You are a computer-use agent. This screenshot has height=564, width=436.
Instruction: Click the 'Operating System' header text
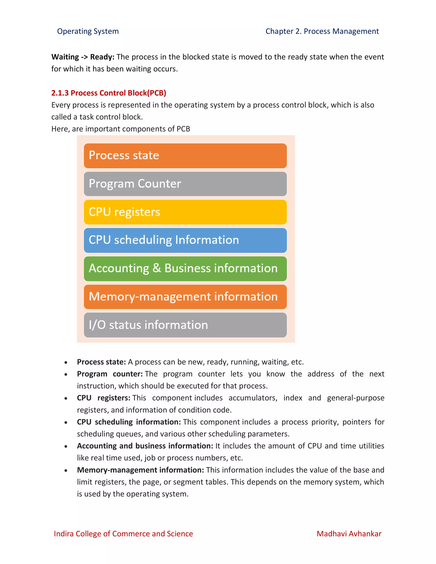coord(88,31)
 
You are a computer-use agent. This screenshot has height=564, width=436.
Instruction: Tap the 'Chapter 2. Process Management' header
coord(322,31)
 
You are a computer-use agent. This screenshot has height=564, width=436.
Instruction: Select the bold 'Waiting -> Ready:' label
coord(83,57)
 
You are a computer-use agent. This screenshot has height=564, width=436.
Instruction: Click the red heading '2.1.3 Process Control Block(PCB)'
coord(109,93)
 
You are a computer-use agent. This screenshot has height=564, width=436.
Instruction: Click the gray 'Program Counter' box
coord(185,184)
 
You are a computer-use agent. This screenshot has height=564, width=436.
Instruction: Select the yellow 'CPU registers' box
coord(185,212)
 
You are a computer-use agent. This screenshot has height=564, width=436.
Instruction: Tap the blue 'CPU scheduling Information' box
coord(185,240)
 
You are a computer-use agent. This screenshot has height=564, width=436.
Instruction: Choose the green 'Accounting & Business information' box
coord(185,269)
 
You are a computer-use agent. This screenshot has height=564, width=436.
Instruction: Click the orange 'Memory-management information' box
coord(185,297)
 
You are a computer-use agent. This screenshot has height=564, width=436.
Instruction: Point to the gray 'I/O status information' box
coord(185,325)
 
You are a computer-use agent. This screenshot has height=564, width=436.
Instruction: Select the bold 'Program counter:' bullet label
coord(109,374)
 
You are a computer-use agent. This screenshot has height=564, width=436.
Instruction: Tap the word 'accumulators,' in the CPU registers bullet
coord(253,398)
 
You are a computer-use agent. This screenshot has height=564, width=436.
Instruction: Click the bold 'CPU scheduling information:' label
coord(129,422)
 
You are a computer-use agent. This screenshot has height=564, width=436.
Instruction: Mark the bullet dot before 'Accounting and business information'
coord(66,446)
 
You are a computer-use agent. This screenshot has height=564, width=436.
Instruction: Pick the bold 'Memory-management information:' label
coord(140,470)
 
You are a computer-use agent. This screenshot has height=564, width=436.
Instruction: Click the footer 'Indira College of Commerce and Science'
coord(123,534)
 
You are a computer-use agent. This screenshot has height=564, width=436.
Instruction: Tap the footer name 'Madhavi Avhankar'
coord(349,534)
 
